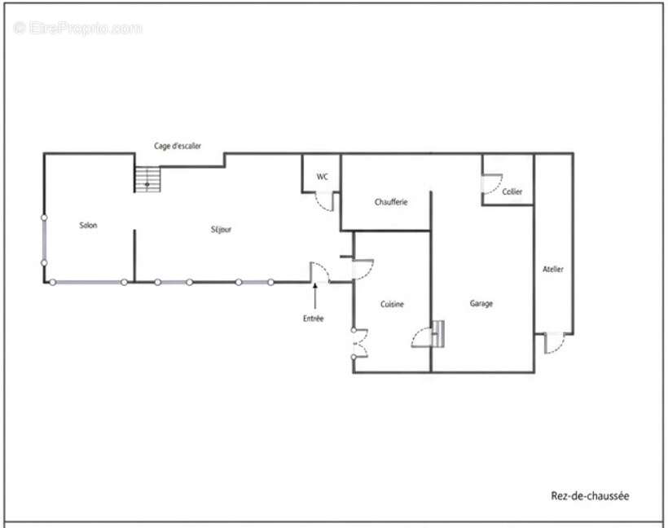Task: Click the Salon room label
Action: [x=88, y=225]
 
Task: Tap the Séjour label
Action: [x=221, y=230]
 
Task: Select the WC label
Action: [x=323, y=177]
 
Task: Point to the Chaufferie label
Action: [x=391, y=202]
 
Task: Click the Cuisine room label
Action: [x=392, y=304]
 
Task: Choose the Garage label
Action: [x=481, y=303]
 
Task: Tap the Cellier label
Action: [x=512, y=191]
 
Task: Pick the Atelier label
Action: [x=553, y=270]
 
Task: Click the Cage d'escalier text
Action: [x=178, y=146]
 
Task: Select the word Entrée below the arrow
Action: [x=314, y=319]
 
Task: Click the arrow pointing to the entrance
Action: [x=315, y=296]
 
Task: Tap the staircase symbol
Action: [x=147, y=179]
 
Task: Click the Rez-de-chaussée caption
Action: [x=590, y=496]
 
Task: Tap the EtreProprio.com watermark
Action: [x=77, y=29]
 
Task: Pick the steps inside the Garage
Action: [x=438, y=334]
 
